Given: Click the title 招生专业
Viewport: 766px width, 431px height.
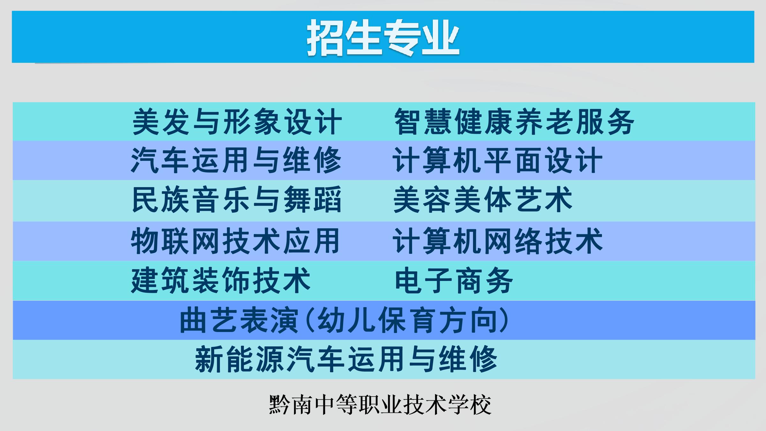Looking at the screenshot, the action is tap(383, 38).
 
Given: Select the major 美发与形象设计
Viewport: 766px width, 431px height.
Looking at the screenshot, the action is tap(237, 122).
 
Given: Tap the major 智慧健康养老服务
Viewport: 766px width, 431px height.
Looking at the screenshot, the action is tap(514, 122).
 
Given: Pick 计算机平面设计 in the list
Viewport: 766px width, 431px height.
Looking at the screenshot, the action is tap(498, 160).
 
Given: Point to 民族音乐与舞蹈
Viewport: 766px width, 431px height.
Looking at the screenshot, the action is tap(237, 200).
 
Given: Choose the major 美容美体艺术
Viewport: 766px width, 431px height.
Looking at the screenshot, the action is tap(483, 200).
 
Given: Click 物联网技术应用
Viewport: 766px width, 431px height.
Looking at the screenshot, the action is tap(235, 241).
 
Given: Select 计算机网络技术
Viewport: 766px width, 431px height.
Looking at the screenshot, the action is tap(498, 241).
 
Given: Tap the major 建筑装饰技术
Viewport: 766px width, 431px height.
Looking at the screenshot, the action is tap(221, 280).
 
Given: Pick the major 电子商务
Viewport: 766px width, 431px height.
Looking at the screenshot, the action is tap(454, 280).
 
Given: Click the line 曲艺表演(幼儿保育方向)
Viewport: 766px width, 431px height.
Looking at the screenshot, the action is tap(344, 320).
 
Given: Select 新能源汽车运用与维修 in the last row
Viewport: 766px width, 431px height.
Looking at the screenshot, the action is tap(346, 359).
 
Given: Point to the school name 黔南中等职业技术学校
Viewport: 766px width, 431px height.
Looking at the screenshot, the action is tap(380, 405).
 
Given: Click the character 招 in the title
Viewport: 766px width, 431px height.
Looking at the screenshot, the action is tap(326, 38).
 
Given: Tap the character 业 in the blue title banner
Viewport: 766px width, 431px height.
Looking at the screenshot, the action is tap(441, 38).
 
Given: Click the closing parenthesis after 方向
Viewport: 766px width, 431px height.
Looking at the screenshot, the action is tap(504, 320).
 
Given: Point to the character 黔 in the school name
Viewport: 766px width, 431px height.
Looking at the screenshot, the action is tap(280, 405).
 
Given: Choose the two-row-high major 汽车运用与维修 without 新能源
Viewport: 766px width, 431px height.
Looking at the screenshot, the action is tap(237, 160).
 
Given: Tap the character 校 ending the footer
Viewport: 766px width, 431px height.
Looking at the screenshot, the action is tap(481, 405).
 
